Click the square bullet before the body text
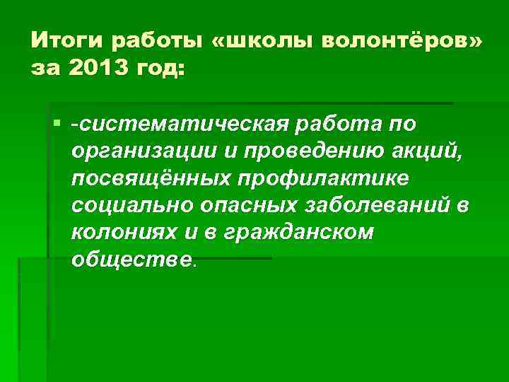[57, 125]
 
